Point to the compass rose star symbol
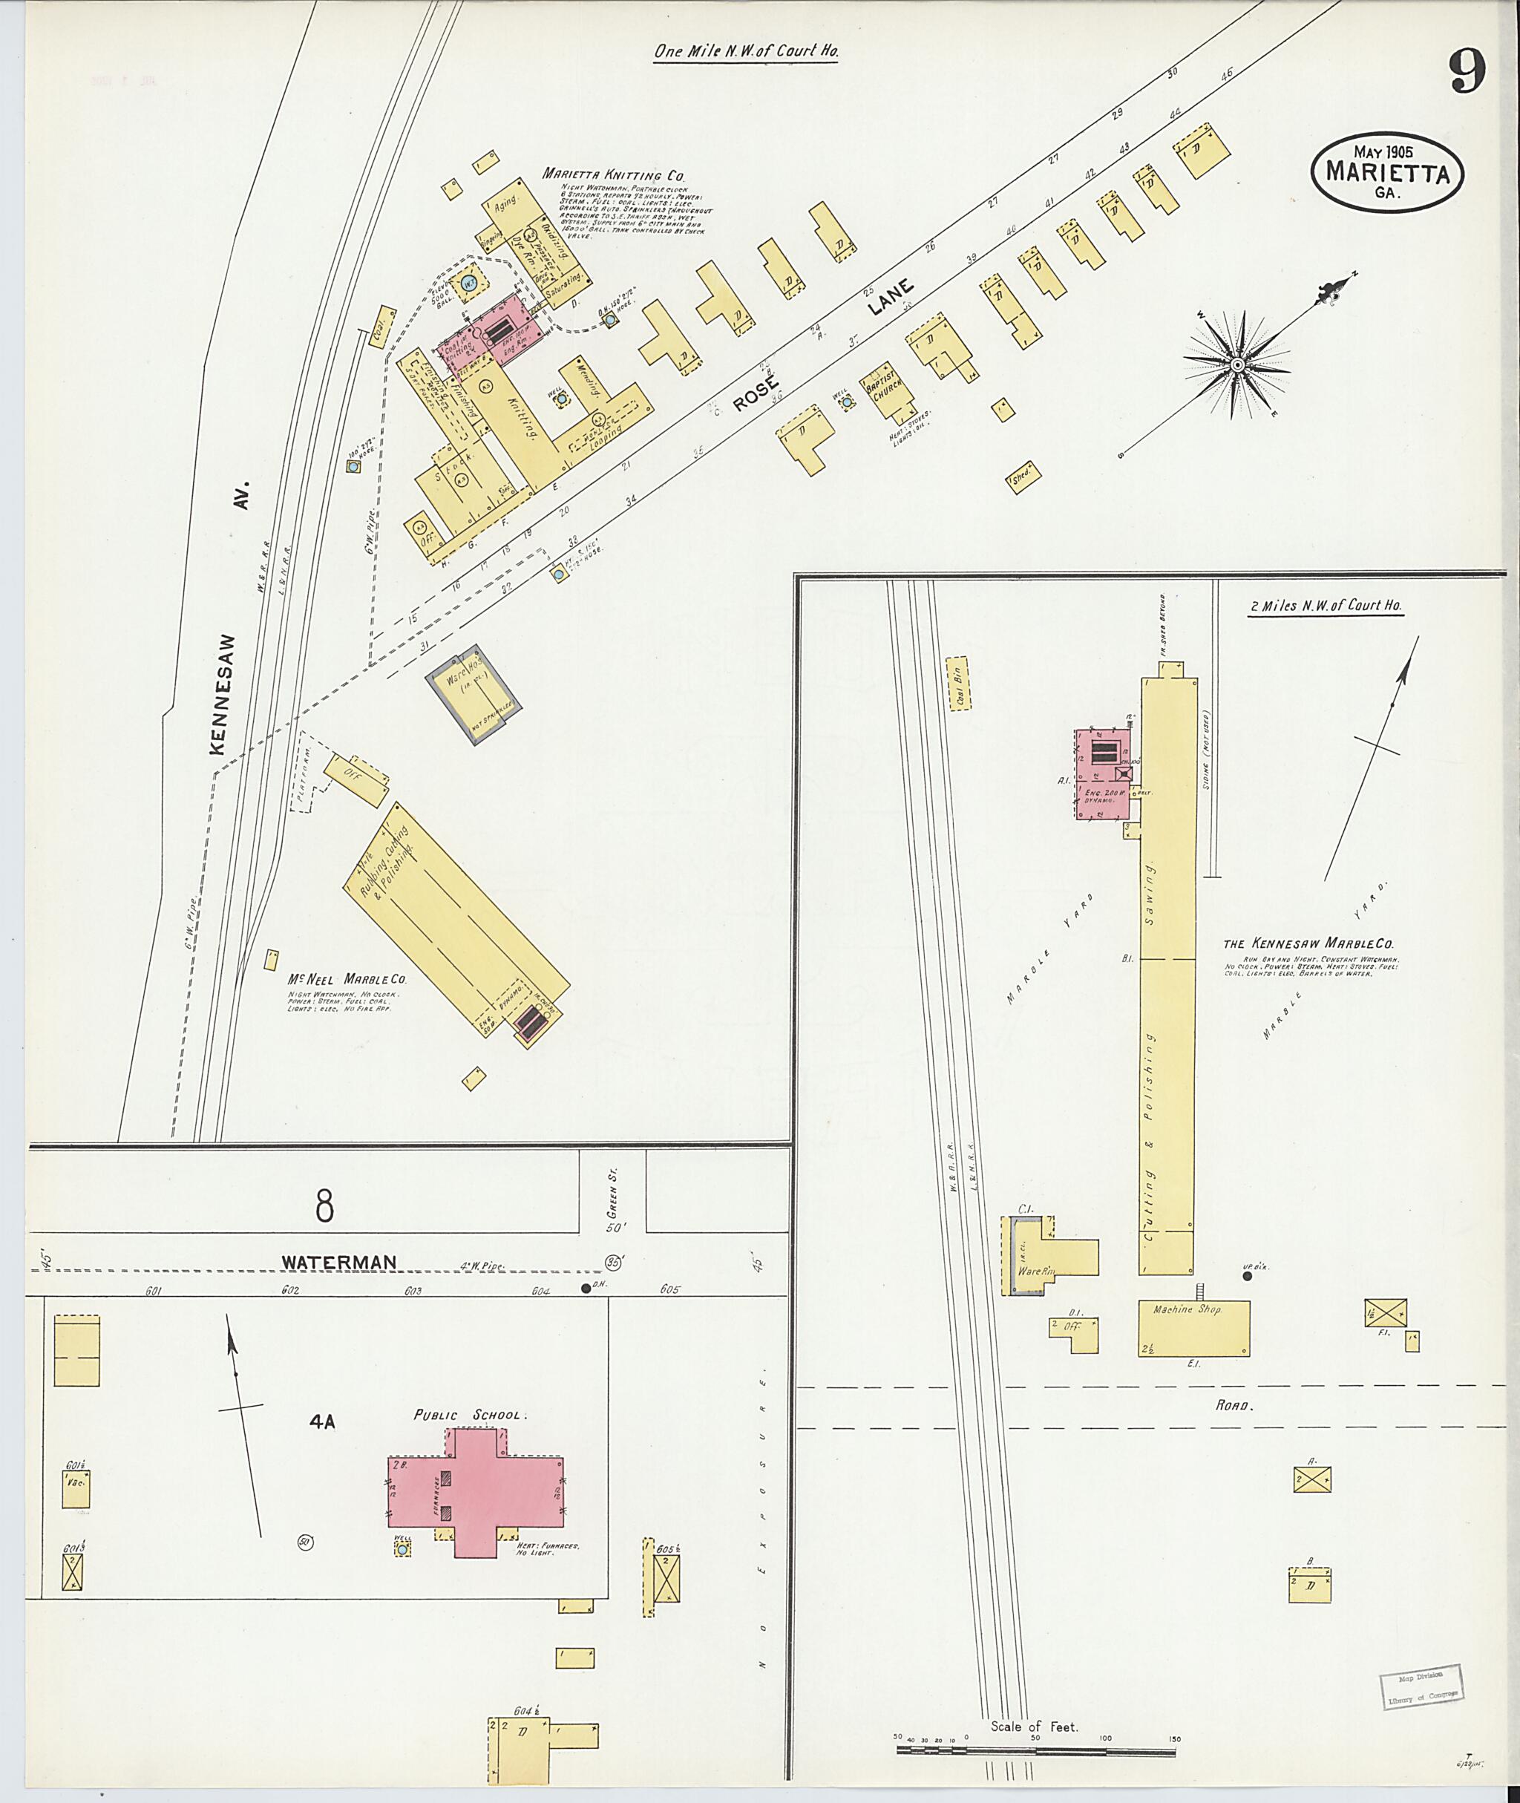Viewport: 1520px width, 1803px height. point(1236,365)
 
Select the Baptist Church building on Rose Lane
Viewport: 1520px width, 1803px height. point(887,396)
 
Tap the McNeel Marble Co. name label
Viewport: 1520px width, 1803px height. point(347,980)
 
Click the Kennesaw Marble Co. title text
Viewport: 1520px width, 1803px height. point(1309,943)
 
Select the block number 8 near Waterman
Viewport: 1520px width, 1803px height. point(324,1205)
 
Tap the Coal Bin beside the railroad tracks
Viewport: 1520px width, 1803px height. point(958,684)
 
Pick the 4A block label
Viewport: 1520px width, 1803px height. point(322,1422)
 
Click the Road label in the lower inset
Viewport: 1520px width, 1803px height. point(1233,1405)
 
